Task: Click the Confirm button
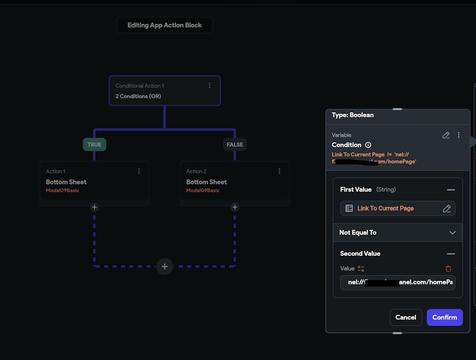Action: (445, 317)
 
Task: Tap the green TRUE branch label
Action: (94, 145)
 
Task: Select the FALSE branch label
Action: (235, 145)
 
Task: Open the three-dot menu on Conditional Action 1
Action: (209, 86)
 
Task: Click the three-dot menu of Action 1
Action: (139, 171)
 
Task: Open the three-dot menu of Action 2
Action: (279, 171)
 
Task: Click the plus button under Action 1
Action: (94, 207)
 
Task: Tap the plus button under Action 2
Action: (235, 207)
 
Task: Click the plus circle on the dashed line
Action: (165, 266)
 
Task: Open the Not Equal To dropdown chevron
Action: (452, 233)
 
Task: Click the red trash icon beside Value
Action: (448, 269)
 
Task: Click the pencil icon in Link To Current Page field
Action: (446, 208)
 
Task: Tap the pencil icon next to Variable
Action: (446, 135)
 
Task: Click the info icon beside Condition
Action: (368, 145)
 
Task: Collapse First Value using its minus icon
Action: (451, 190)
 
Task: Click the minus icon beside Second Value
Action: (451, 254)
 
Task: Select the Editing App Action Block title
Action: (165, 25)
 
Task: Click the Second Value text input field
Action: (397, 282)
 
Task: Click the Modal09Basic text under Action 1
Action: (62, 191)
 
